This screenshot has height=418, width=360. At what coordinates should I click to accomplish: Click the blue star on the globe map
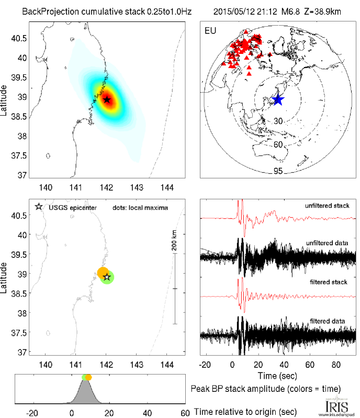point(277,99)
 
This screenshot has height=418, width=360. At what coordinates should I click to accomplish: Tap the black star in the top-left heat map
point(107,99)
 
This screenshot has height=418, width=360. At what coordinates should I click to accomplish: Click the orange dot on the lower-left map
point(103,273)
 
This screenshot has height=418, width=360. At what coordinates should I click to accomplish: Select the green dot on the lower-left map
point(108,278)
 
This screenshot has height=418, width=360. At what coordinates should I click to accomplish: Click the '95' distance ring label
point(278,171)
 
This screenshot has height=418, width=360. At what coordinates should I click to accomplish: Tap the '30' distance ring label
point(278,121)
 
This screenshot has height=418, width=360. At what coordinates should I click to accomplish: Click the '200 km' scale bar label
point(175,240)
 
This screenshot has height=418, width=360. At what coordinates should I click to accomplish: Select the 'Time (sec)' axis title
point(278,376)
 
